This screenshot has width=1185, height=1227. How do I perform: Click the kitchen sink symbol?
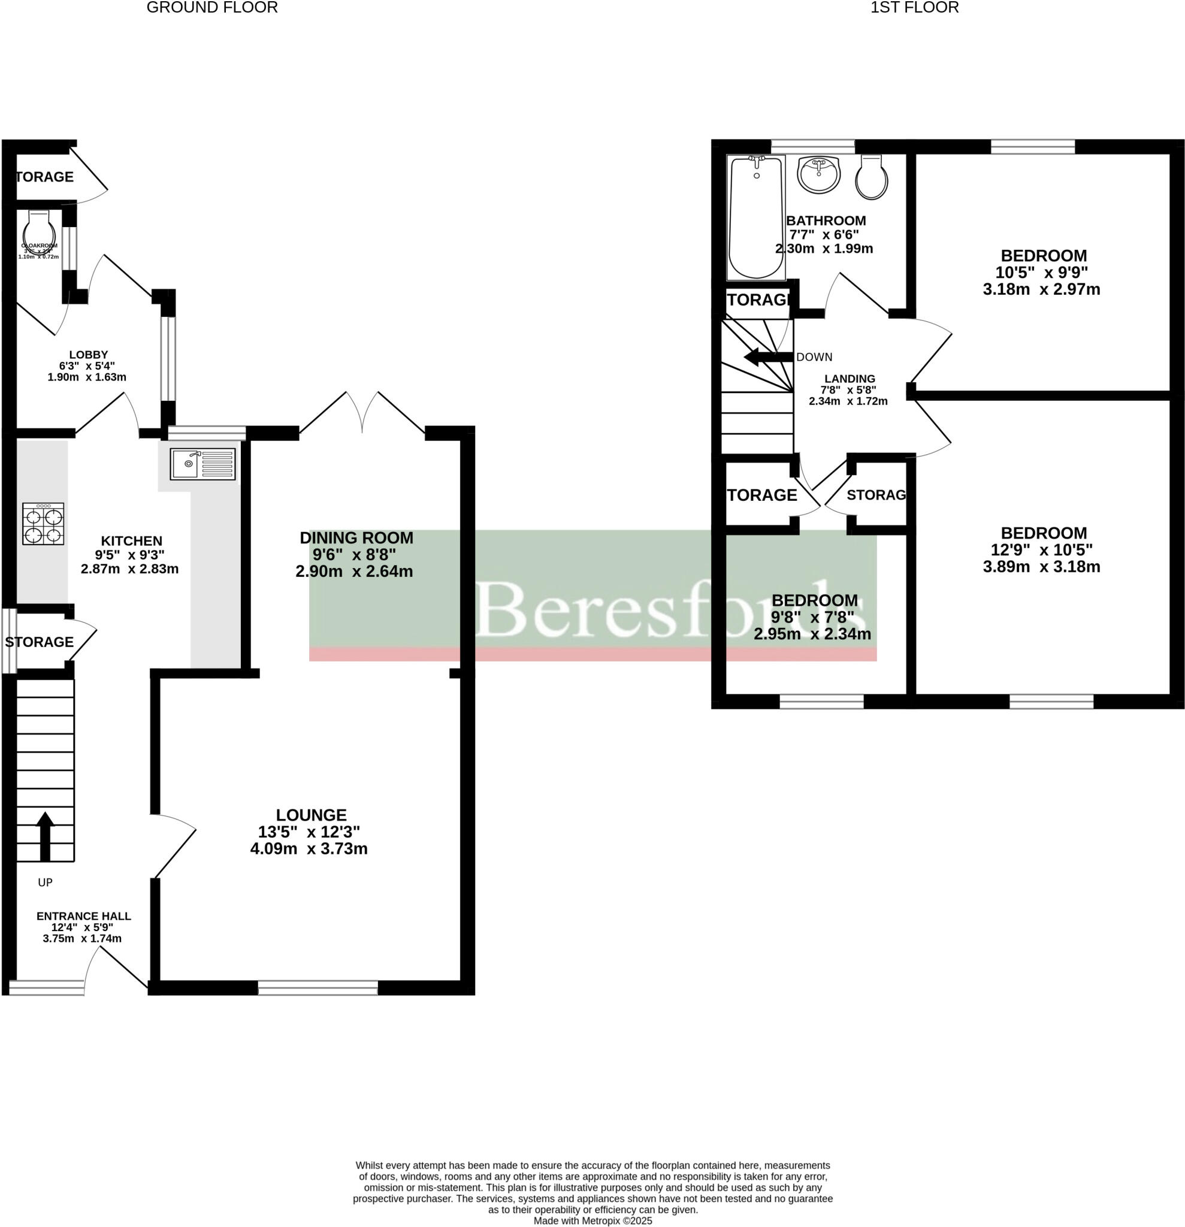(202, 464)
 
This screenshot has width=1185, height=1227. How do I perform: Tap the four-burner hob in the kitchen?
(43, 524)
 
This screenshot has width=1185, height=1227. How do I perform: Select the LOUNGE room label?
(311, 815)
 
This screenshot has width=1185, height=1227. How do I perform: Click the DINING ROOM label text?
(356, 538)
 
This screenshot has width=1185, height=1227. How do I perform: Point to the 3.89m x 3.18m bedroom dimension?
(1041, 567)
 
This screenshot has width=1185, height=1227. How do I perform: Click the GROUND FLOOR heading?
(211, 8)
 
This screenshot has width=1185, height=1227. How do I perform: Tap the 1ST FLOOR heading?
(914, 8)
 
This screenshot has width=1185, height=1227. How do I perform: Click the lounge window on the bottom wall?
(318, 988)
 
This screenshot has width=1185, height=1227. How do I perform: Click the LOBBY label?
(88, 355)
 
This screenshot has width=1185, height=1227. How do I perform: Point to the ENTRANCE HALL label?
(83, 916)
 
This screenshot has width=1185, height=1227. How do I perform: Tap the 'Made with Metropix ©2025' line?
(592, 1221)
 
